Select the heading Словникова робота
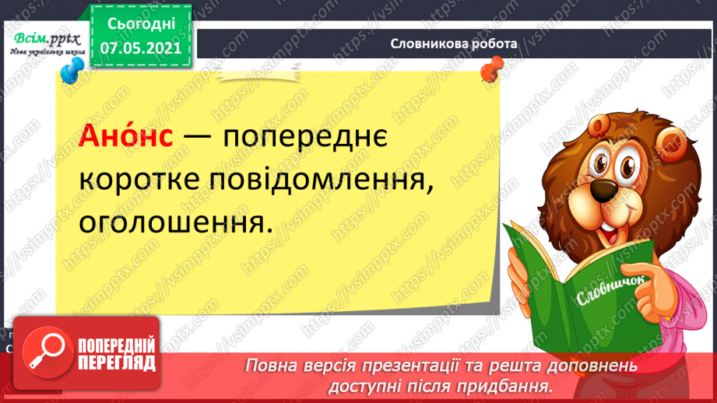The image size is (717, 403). (454, 44)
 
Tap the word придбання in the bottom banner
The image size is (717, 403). (515, 385)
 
